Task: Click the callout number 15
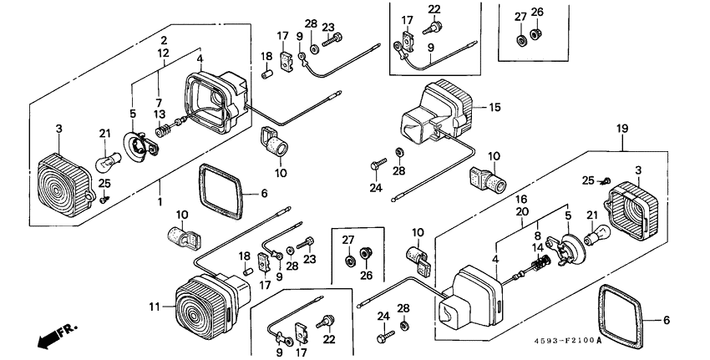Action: (494, 108)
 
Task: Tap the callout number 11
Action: (154, 307)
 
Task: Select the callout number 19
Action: (622, 129)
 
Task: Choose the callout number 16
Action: (520, 200)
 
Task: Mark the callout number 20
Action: (520, 212)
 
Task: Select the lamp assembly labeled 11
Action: (205, 307)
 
